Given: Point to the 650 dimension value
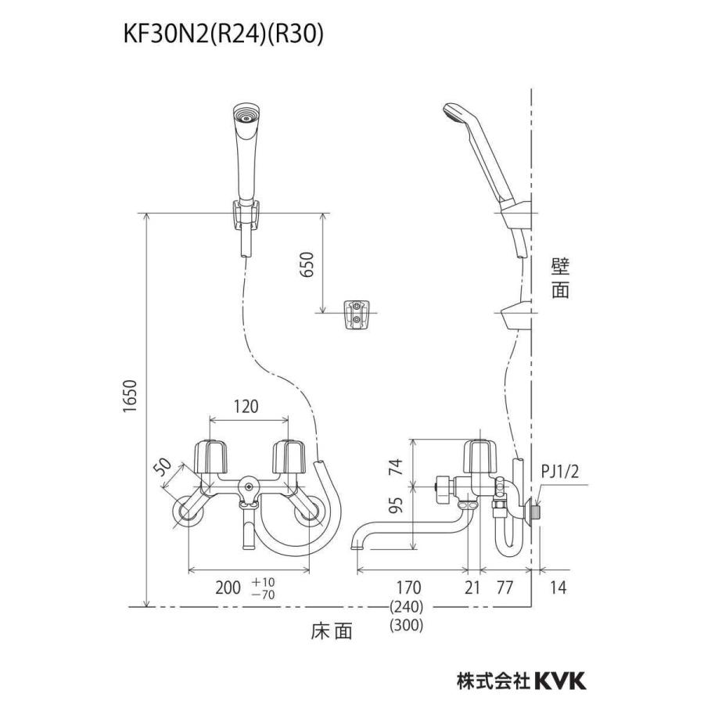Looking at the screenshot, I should click(307, 270).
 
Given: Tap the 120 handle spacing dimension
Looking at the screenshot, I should click(246, 407).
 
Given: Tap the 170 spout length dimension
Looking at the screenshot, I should click(408, 587).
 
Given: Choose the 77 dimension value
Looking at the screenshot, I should click(507, 587).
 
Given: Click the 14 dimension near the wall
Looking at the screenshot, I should click(560, 587).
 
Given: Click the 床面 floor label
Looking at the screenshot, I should click(329, 630).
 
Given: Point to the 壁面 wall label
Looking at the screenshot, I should click(559, 278).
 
